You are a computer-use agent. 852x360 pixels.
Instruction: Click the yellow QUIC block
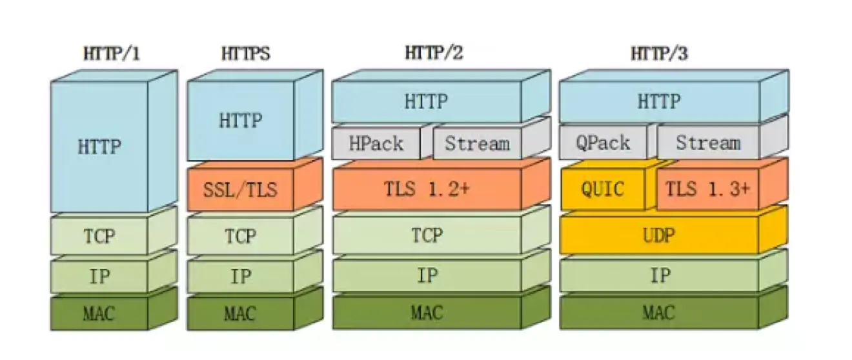603,190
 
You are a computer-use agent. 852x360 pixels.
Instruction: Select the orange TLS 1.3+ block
707,190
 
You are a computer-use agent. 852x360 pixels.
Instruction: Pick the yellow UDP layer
659,235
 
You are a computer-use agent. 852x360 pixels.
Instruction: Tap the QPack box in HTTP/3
603,143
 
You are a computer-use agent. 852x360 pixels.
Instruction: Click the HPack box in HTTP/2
376,143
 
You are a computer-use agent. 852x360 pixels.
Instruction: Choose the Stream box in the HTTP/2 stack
476,143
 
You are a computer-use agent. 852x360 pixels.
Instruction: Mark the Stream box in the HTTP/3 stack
707,143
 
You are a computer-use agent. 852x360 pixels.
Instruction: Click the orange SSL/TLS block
240,190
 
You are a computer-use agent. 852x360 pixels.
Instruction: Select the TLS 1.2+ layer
426,190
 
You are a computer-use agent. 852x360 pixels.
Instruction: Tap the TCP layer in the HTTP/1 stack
99,236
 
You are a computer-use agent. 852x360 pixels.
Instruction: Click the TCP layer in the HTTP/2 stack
426,235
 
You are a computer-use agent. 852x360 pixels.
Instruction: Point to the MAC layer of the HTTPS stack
240,314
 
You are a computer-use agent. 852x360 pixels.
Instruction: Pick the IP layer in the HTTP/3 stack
659,276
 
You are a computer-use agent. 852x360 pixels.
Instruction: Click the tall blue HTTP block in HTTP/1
99,147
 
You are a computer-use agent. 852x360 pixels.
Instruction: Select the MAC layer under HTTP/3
659,314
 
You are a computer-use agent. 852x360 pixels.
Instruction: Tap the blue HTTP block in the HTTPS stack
240,121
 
